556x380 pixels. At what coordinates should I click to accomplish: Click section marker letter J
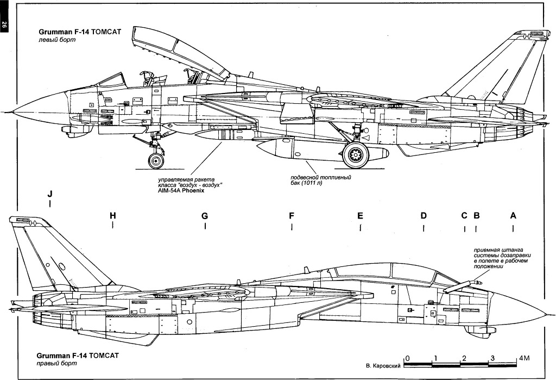coord(50,194)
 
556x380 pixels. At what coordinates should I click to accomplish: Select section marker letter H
coord(112,216)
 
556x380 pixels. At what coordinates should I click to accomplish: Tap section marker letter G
coord(205,216)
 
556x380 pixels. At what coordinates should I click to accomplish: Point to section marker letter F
coord(292,216)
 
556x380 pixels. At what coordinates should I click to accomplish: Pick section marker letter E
coord(360,216)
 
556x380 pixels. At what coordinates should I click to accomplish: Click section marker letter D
coord(424,216)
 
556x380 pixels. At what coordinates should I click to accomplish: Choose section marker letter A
coord(513,216)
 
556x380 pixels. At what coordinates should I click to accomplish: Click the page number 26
coord(4,24)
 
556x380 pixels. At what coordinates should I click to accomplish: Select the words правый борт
coord(54,364)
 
